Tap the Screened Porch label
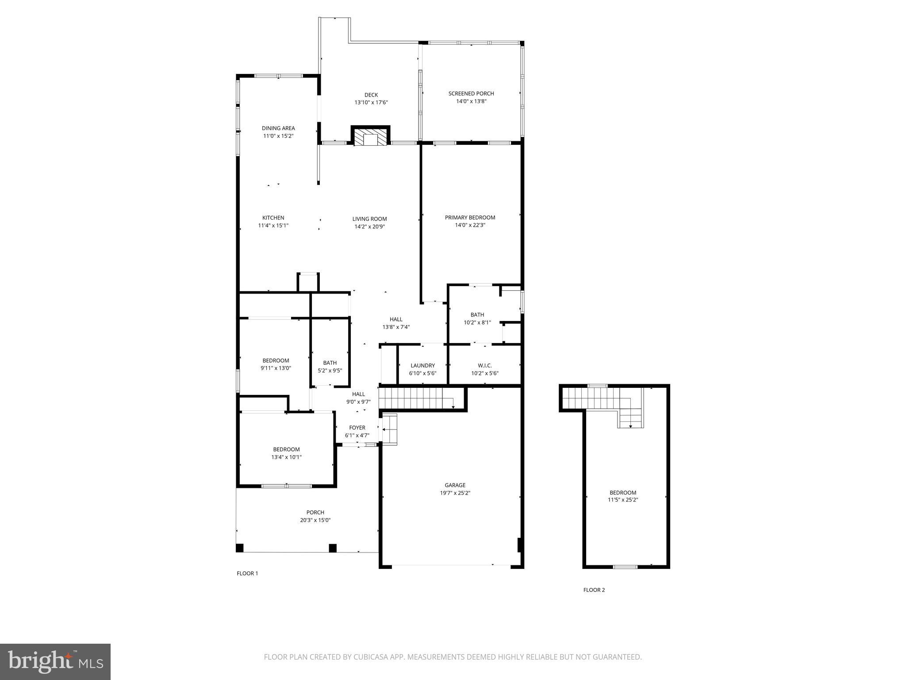pyautogui.click(x=471, y=93)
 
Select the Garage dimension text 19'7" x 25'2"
pyautogui.click(x=455, y=493)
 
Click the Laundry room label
pyautogui.click(x=422, y=365)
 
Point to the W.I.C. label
pyautogui.click(x=484, y=365)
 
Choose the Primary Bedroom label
pyautogui.click(x=470, y=217)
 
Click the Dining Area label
pyautogui.click(x=278, y=128)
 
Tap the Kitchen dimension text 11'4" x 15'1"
pyautogui.click(x=273, y=225)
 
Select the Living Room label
pyautogui.click(x=369, y=219)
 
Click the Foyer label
pyautogui.click(x=357, y=428)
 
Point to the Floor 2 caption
pyautogui.click(x=594, y=590)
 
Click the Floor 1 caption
pyautogui.click(x=247, y=573)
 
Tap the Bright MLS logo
pyautogui.click(x=55, y=662)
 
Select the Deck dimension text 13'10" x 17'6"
pyautogui.click(x=371, y=102)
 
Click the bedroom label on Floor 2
pyautogui.click(x=623, y=493)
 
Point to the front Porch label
pyautogui.click(x=315, y=513)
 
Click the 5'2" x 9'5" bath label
pyautogui.click(x=330, y=371)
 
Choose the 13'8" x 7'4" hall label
pyautogui.click(x=396, y=327)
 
